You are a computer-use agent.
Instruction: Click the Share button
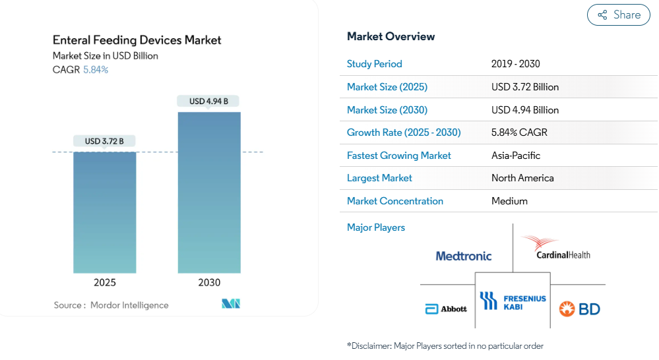pos(618,15)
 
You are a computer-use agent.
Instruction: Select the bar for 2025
pos(105,212)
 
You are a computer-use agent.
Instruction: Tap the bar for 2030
pos(209,193)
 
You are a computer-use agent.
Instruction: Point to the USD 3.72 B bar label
pos(104,141)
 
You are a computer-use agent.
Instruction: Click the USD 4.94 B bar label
pos(208,102)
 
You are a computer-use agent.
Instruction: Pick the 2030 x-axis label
pos(209,282)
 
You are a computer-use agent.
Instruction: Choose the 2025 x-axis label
pos(105,282)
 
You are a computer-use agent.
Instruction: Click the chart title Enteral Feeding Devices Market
pos(137,40)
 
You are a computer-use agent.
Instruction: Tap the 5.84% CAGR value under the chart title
pos(96,70)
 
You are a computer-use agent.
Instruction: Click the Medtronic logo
pos(464,256)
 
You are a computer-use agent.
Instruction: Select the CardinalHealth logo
pos(556,247)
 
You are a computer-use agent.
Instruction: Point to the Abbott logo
pos(446,309)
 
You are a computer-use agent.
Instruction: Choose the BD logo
pos(579,309)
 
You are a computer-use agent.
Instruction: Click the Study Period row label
pos(375,64)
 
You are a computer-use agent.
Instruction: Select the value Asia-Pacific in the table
pos(516,156)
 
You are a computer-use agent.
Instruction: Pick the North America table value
pos(522,178)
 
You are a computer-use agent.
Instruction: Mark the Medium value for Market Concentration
pos(509,201)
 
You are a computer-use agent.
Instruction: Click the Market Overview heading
pos(391,36)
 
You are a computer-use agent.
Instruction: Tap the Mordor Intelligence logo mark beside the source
pos(231,304)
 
